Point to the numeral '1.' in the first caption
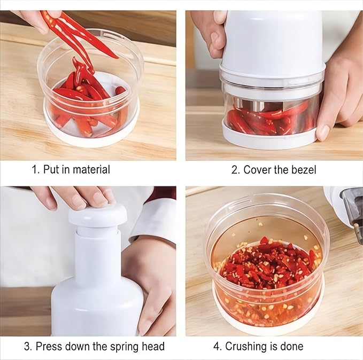click(35, 170)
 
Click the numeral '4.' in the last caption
click(218, 346)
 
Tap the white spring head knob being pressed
click(97, 215)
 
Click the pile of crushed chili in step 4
click(267, 264)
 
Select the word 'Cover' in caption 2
click(258, 170)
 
